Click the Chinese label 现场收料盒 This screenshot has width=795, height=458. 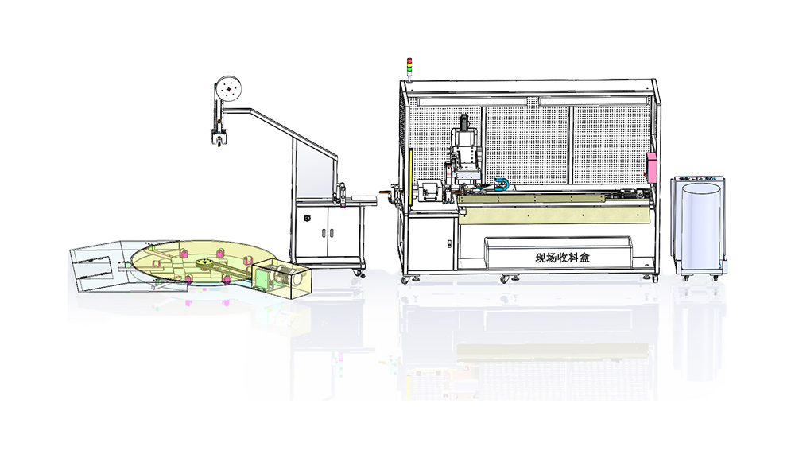tap(560, 258)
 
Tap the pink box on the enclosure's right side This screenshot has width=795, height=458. tap(653, 167)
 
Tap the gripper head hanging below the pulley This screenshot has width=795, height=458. tap(216, 137)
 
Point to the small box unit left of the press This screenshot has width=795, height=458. tap(430, 192)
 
